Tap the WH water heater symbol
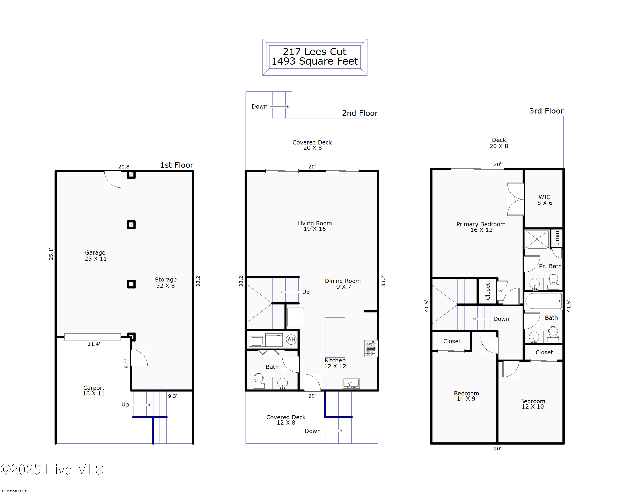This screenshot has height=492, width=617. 291,339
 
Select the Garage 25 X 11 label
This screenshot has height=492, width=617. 95,255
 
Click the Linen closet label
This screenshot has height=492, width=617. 557,238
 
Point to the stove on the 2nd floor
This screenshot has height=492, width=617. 371,348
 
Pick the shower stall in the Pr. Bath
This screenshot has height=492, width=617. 537,239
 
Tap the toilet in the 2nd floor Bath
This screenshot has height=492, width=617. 259,381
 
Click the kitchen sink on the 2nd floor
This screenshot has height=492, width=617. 351,383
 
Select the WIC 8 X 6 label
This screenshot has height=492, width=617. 544,200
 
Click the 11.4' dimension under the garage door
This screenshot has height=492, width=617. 94,344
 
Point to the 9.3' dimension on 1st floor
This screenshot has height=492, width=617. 173,396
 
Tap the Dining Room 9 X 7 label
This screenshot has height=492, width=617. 343,284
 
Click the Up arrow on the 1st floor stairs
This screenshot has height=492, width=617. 140,405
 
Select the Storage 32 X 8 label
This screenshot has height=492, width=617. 165,282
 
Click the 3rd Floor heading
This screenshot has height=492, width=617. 546,111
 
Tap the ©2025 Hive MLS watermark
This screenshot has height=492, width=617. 52,470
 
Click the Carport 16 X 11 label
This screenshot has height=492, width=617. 94,390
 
